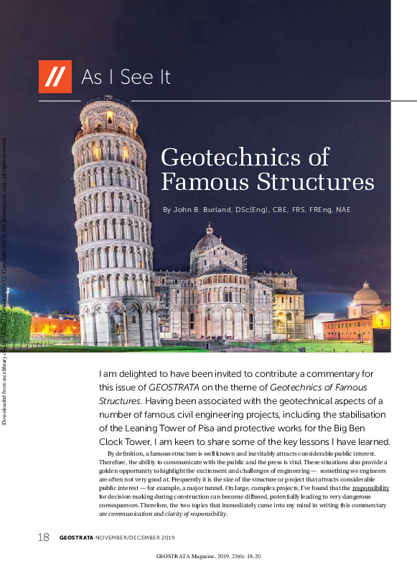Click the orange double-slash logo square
(55, 76)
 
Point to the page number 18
(43, 537)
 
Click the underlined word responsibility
(371, 488)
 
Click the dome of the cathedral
(209, 241)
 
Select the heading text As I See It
(126, 77)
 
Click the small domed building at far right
(367, 294)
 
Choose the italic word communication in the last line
(129, 514)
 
